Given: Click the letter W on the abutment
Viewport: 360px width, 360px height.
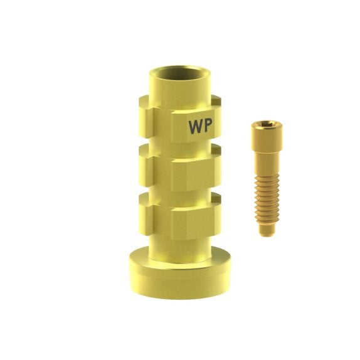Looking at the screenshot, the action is click(x=196, y=127).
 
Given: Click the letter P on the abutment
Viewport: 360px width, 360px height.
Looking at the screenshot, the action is click(x=208, y=126).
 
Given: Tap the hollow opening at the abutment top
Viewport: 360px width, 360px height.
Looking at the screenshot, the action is click(x=180, y=73).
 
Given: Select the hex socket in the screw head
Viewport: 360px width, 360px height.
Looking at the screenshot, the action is click(x=267, y=125).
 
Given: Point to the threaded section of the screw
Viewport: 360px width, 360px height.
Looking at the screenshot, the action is click(x=267, y=199).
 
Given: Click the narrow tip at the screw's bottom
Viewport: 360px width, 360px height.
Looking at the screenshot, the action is click(x=267, y=230).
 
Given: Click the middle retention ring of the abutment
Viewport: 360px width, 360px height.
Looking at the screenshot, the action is click(x=180, y=168).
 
